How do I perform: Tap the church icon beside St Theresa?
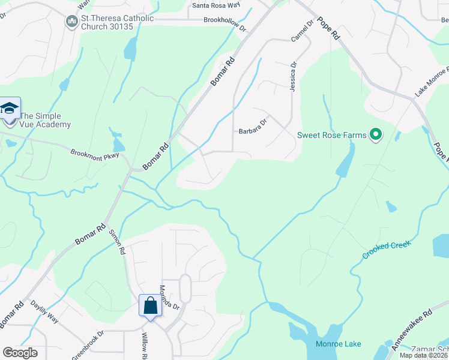point(71,22)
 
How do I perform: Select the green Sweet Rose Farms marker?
point(376,134)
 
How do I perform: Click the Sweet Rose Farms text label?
point(331,135)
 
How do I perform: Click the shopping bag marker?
point(150,305)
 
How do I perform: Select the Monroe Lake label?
point(339,344)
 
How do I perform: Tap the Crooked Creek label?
point(385,250)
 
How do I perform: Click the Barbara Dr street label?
point(252,131)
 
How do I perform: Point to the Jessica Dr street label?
point(294,76)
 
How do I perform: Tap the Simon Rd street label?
point(118,242)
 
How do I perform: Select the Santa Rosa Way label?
point(215,6)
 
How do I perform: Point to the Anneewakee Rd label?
point(412,330)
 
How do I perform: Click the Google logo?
point(20,353)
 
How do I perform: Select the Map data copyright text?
point(423,355)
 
